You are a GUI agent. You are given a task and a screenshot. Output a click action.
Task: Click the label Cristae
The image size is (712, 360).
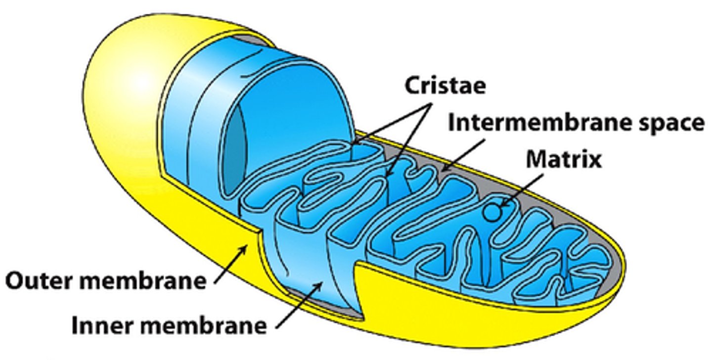click(445, 86)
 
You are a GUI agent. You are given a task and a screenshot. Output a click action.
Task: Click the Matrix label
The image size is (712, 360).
click(563, 159)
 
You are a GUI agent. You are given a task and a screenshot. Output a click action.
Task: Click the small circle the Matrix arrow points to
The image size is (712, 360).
click(492, 212)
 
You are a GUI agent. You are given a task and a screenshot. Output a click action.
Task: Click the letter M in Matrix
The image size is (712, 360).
click(536, 159)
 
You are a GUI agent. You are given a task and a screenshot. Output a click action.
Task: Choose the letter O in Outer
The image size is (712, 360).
click(15, 281)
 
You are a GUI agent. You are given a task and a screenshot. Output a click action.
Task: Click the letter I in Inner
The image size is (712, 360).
click(76, 325)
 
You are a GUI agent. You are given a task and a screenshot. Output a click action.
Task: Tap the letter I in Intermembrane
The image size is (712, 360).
click(451, 123)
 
